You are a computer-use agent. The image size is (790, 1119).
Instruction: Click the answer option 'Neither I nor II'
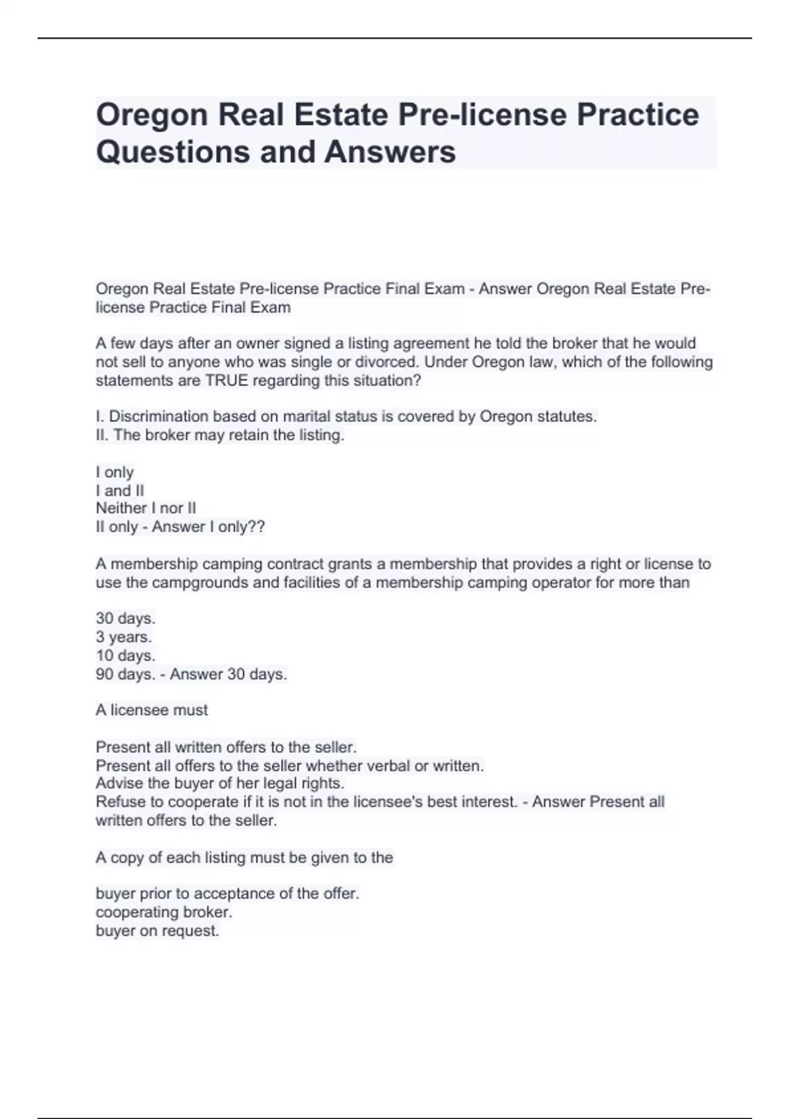145,508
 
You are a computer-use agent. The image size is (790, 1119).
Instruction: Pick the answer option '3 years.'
124,637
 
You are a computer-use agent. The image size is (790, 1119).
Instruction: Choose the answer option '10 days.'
125,656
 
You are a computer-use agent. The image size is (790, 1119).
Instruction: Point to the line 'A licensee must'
151,710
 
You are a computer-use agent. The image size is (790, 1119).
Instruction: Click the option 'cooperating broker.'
164,912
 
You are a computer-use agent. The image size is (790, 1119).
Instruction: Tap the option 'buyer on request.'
157,931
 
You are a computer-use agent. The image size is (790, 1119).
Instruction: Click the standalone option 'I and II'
120,490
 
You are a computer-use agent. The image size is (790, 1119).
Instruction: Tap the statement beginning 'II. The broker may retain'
220,435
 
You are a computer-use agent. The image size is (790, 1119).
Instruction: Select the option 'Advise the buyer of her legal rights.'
220,783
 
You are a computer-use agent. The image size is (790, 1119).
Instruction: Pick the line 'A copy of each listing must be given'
244,858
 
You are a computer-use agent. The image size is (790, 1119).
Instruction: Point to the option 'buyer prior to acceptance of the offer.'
227,894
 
